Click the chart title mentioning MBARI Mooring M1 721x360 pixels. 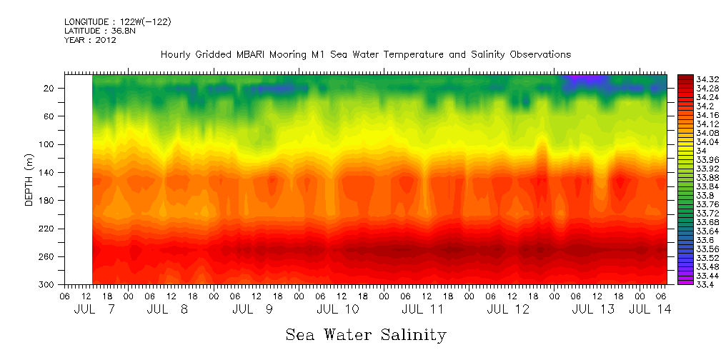(366, 54)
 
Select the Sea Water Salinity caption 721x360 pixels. (366, 334)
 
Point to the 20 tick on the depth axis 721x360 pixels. (50, 88)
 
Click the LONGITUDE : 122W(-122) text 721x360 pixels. (117, 22)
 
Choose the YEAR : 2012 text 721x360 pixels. (90, 40)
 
